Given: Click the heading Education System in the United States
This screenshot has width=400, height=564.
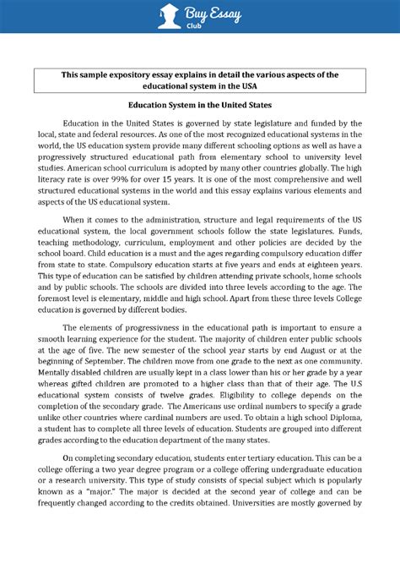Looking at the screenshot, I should (200, 106).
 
